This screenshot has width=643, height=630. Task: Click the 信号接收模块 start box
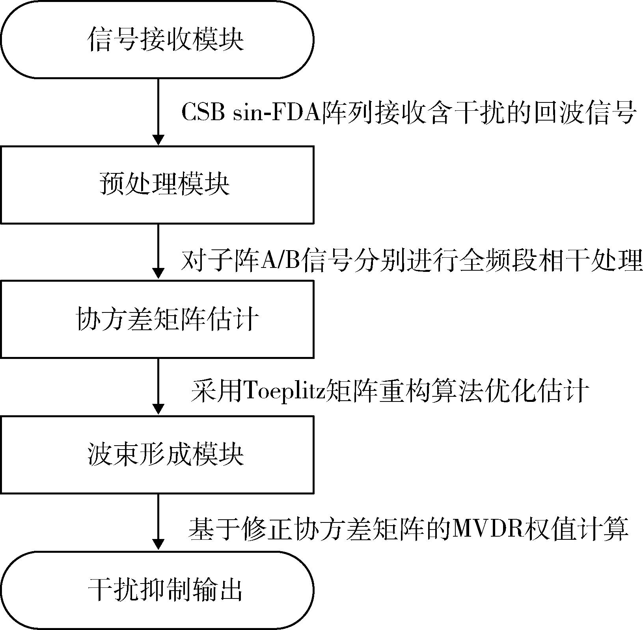158,39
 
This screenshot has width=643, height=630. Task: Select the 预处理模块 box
158,184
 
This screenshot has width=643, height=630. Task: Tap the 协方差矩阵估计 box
158,319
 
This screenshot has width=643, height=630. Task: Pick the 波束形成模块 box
158,455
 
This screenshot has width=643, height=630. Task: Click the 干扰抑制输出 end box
158,590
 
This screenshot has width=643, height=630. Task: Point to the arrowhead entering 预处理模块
158,140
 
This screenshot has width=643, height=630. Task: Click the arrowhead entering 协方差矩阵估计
158,275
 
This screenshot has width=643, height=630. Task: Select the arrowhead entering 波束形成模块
158,410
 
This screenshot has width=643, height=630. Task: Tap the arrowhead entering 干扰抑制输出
158,546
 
